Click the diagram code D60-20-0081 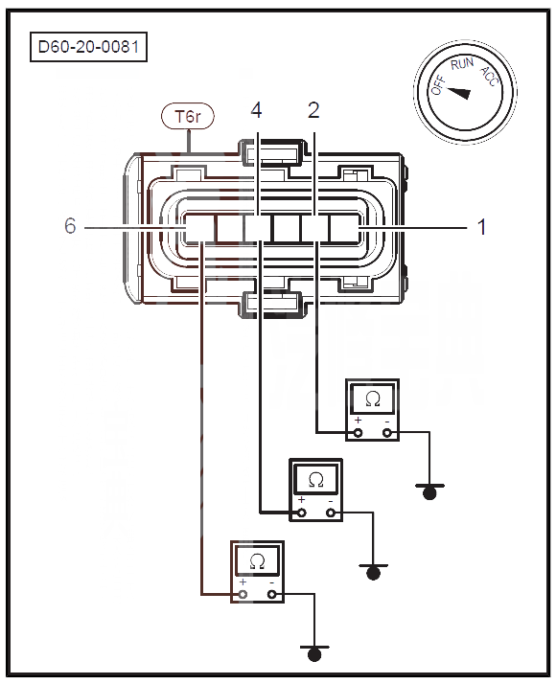tap(88, 47)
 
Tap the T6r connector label tap(188, 117)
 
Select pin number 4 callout tap(257, 110)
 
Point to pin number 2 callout tap(313, 110)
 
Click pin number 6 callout tap(70, 226)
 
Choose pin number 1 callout tap(482, 227)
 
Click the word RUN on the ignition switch tap(462, 64)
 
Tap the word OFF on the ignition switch tap(438, 84)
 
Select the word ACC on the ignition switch tap(490, 77)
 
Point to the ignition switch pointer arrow tap(459, 93)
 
